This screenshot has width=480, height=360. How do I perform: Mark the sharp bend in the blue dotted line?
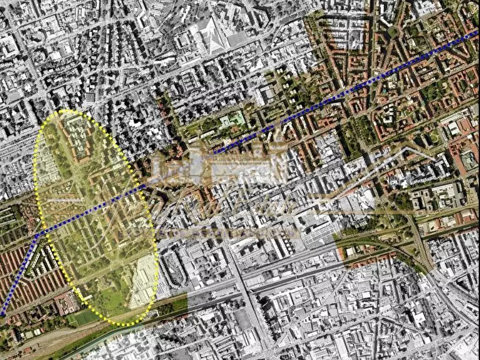click(x=37, y=235)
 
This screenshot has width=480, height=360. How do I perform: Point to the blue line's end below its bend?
click(x=2, y=314)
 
